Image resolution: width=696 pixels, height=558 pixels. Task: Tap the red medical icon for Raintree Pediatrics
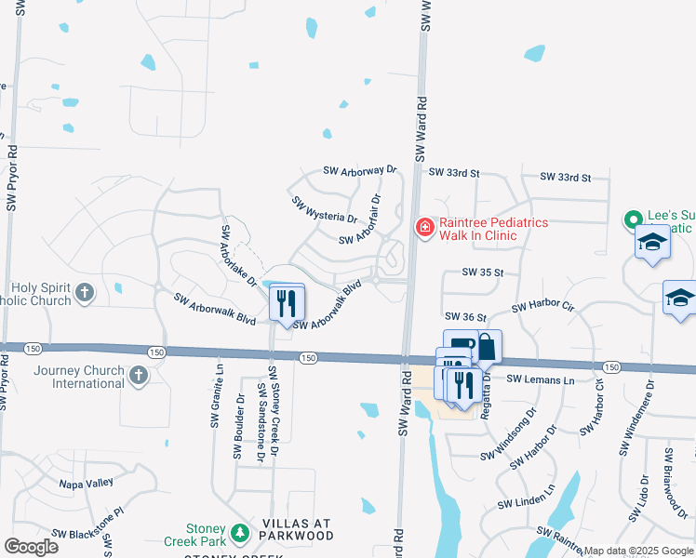pos(425,227)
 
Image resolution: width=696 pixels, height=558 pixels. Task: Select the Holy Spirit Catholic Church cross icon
pos(85,294)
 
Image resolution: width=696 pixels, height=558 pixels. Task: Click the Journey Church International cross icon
pos(138,377)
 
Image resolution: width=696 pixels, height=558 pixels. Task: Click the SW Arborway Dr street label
pos(360,171)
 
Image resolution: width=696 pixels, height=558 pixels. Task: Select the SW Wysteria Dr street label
pos(324,210)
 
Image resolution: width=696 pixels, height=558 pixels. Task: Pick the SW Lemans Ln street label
pos(541,379)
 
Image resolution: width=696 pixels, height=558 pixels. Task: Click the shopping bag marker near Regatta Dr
pos(487,347)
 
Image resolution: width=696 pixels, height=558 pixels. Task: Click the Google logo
pos(31,547)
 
